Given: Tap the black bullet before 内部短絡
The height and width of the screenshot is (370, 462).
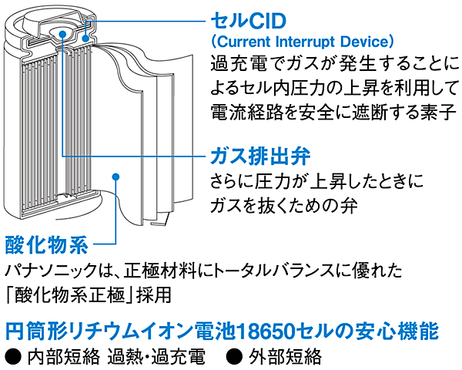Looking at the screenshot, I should pyautogui.click(x=12, y=357).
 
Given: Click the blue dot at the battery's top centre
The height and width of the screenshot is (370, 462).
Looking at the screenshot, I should pyautogui.click(x=64, y=31).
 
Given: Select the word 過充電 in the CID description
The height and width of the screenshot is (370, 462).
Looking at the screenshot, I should pyautogui.click(x=237, y=60).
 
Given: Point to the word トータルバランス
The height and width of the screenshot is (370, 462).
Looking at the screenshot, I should pyautogui.click(x=284, y=272).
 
